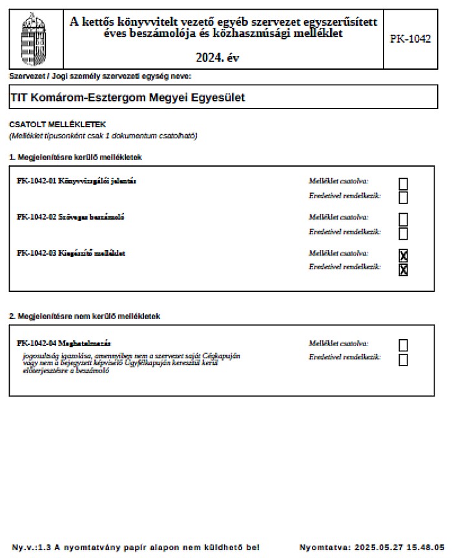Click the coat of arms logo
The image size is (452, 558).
point(34,37)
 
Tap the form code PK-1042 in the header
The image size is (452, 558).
point(410,39)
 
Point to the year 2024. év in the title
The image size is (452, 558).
point(218,57)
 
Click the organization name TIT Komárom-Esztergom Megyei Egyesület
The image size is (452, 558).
point(128,98)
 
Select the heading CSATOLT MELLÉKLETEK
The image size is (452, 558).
point(57,124)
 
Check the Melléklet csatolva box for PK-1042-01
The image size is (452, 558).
point(403,184)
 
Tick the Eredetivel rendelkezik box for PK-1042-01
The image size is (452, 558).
point(403,197)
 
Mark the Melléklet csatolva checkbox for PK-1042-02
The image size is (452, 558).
point(403,220)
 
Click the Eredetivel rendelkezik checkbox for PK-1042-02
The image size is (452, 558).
point(403,233)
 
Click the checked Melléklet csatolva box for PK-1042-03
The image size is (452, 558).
point(403,256)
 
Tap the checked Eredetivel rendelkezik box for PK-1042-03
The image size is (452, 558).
point(403,269)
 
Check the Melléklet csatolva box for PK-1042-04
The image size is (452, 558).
point(403,346)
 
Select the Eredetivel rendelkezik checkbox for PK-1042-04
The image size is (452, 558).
point(403,360)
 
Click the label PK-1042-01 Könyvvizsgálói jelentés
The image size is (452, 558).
point(76,181)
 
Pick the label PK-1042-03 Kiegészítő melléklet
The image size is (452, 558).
point(71,253)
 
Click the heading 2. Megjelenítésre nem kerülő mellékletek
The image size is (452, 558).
point(84,316)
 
